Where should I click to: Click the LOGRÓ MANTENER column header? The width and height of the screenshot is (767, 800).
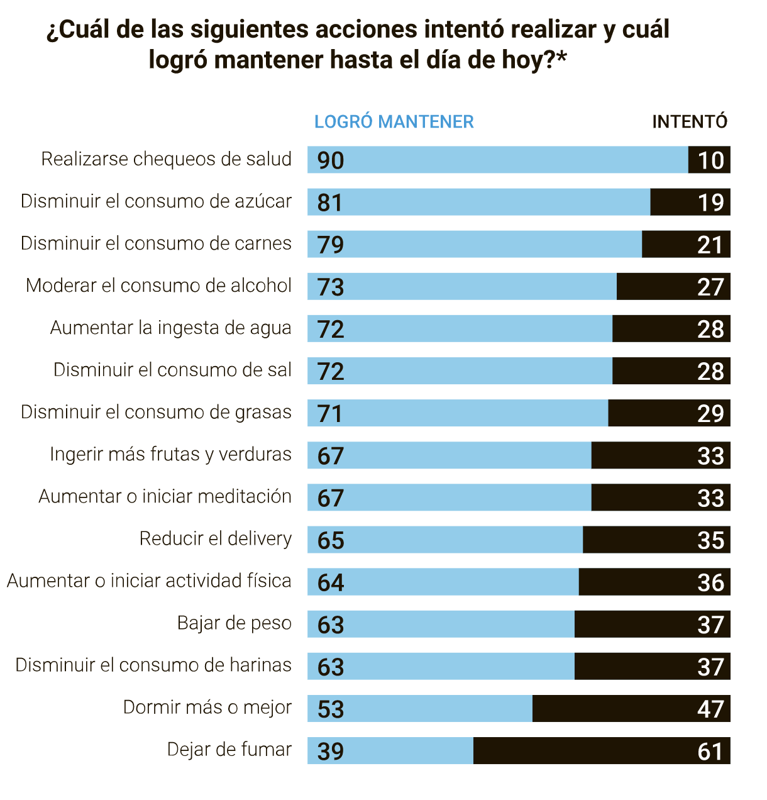click(x=394, y=121)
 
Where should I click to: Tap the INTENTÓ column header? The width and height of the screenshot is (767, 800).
click(x=690, y=121)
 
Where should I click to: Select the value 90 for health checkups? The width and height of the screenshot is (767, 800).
click(x=331, y=160)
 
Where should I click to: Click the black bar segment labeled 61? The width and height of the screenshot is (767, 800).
click(x=601, y=751)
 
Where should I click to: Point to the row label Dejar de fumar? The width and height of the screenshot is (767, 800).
click(x=229, y=750)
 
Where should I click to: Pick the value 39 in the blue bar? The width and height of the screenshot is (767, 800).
click(x=331, y=751)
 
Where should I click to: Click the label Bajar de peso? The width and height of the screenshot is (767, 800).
click(x=235, y=623)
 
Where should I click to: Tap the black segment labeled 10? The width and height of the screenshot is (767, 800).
click(x=710, y=160)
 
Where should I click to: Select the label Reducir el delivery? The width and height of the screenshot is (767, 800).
click(x=216, y=539)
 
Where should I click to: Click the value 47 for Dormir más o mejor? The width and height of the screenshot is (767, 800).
click(x=710, y=709)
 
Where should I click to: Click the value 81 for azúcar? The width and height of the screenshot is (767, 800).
click(x=330, y=203)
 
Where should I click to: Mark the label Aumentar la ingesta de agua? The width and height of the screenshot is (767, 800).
click(x=171, y=328)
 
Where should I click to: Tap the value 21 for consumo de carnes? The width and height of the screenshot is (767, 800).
click(x=710, y=245)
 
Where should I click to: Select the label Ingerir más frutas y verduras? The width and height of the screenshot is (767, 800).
click(x=171, y=455)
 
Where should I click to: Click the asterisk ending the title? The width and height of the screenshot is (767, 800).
click(x=561, y=58)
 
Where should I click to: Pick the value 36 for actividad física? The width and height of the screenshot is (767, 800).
click(x=710, y=582)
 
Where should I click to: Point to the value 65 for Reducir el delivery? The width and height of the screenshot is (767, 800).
click(x=331, y=540)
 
